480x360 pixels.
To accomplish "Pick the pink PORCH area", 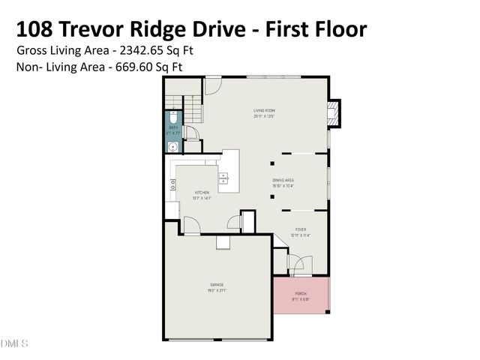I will coord(301,294).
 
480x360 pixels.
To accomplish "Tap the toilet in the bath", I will coord(172,118).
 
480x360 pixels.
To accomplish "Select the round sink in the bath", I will coord(172,147).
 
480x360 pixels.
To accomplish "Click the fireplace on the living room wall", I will coord(334,112).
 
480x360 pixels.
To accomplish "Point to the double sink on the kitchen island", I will coord(223,178).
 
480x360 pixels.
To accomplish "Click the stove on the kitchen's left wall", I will coord(172,184).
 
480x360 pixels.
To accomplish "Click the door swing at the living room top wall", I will coord(212,85).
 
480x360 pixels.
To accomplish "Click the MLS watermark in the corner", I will coord(13,343).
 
